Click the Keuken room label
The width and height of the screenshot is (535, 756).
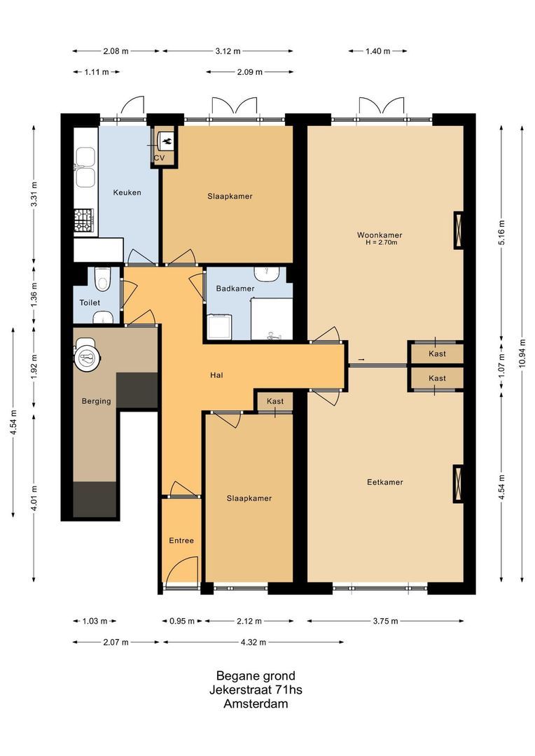click(128, 192)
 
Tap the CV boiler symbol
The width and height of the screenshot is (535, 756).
click(167, 141)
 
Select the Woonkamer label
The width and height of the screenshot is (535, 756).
click(380, 235)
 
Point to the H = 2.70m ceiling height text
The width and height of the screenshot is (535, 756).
click(381, 243)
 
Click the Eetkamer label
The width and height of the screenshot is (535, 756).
click(384, 482)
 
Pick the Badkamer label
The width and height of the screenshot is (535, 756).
click(235, 288)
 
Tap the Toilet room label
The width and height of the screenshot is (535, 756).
click(90, 302)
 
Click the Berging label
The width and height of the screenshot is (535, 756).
click(96, 401)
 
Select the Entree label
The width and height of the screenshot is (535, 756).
click(181, 540)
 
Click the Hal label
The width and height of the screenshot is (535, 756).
click(216, 375)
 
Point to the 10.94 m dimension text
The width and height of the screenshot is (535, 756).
click(522, 353)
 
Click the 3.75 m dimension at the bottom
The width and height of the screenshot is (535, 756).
click(385, 621)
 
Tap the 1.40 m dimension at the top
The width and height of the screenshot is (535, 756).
click(377, 51)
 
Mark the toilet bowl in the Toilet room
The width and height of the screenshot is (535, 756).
click(103, 281)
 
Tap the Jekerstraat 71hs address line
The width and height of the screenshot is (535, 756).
click(256, 690)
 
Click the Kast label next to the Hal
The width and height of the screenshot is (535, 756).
click(275, 401)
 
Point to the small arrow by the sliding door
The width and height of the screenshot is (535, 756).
click(361, 360)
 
